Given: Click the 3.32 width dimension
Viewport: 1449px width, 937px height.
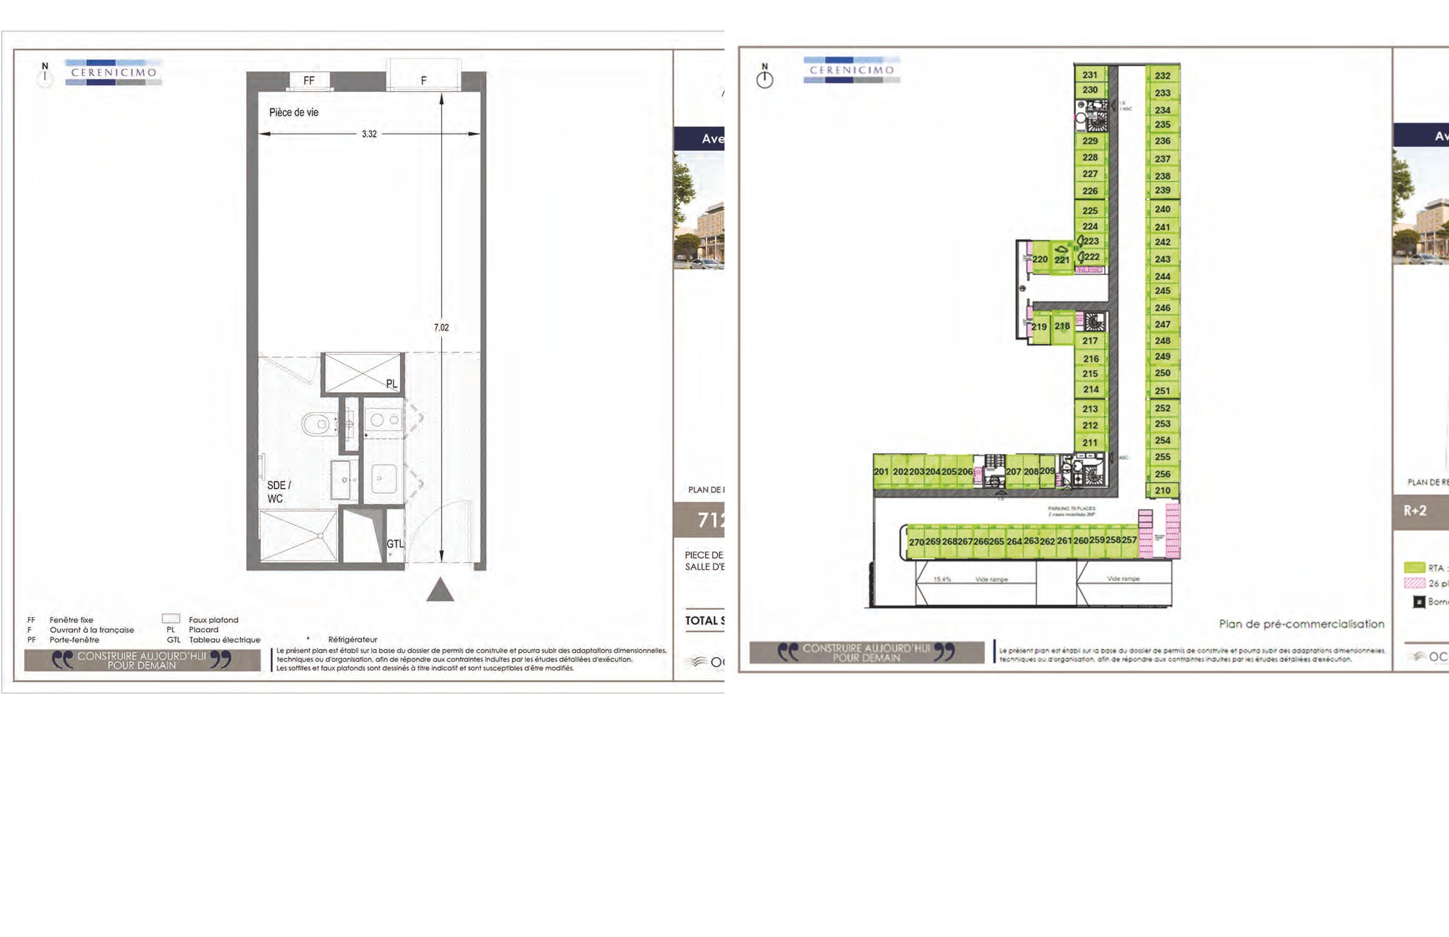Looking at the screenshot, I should tap(369, 134).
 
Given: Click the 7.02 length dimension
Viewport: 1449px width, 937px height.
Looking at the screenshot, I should tap(441, 327).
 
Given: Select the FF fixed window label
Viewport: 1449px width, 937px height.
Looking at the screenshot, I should tap(309, 80).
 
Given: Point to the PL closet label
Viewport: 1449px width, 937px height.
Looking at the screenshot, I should tap(391, 383).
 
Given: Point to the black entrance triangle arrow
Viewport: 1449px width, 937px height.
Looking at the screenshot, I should tap(440, 590).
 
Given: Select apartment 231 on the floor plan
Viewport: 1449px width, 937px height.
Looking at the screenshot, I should tap(1090, 75).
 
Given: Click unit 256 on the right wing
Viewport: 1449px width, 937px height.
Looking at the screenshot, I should tap(1162, 474).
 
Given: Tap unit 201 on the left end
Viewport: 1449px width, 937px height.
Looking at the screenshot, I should tap(881, 472).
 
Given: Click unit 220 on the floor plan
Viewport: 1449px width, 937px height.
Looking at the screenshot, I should tap(1040, 259).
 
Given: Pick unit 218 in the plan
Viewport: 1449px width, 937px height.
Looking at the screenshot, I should tap(1062, 326).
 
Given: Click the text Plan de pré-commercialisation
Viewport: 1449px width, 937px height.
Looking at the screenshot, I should tap(1301, 624).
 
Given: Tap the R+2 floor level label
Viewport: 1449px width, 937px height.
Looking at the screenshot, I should tap(1415, 510).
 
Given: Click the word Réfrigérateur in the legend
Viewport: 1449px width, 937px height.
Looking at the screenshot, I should tap(353, 640).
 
